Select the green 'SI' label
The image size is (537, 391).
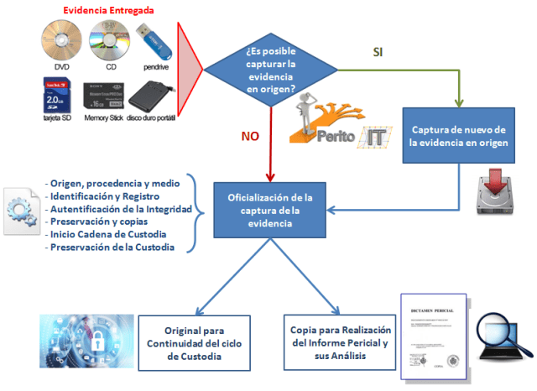pos(378,51)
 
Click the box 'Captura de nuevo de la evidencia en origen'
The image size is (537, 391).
pos(458,136)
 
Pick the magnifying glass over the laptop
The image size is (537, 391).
pos(501,332)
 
